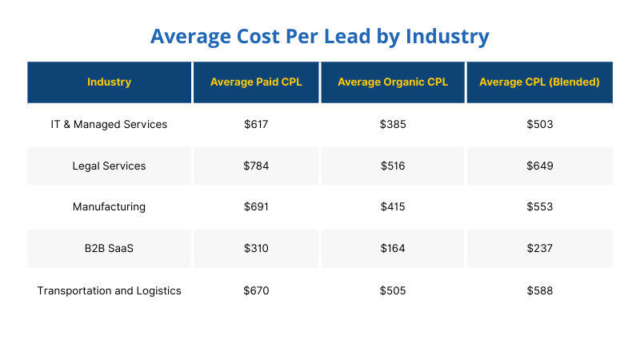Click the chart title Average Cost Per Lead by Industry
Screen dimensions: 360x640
click(x=319, y=37)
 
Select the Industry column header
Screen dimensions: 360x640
click(x=109, y=82)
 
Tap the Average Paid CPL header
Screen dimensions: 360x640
click(x=256, y=82)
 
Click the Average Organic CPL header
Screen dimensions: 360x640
click(x=393, y=82)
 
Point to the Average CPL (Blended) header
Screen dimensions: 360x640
click(x=539, y=82)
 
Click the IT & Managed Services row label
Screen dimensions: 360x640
click(x=109, y=124)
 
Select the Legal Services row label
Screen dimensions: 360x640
click(x=109, y=166)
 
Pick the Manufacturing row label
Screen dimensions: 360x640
click(x=109, y=206)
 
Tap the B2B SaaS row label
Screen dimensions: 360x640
click(x=109, y=248)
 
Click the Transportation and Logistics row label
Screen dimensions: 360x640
click(x=109, y=290)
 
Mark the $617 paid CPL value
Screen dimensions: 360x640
click(x=256, y=124)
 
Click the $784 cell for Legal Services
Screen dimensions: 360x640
click(x=256, y=166)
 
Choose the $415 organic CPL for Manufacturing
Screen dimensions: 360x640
click(x=393, y=206)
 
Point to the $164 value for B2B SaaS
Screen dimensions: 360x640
click(x=393, y=248)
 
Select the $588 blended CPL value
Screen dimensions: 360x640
click(x=539, y=290)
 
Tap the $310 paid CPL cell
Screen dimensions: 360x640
click(x=256, y=248)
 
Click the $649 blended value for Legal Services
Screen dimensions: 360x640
click(x=539, y=166)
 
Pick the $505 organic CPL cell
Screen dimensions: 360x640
click(x=393, y=290)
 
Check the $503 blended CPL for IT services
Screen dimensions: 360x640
click(x=539, y=124)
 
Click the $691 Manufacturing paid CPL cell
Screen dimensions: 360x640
click(x=256, y=206)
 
